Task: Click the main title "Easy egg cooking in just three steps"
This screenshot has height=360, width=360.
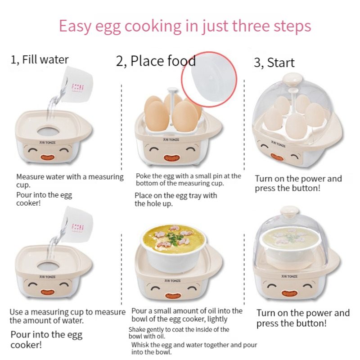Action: pos(184,26)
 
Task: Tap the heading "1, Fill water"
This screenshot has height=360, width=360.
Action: pos(40,59)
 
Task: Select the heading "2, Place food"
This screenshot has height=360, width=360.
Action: pos(156,61)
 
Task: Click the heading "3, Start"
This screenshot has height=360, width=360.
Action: pos(274,63)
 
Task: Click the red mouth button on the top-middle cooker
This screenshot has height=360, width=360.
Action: pos(170,159)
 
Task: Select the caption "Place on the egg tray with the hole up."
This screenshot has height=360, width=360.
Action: pos(175,199)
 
